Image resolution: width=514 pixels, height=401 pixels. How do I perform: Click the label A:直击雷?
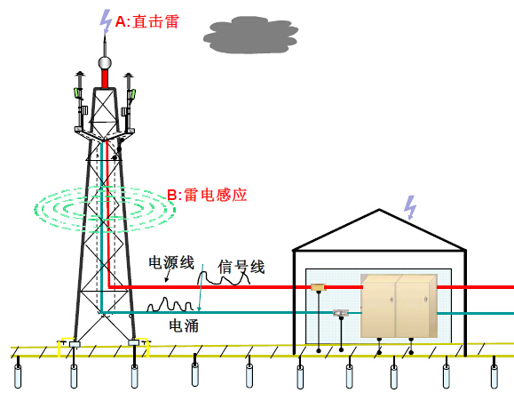pos(147,21)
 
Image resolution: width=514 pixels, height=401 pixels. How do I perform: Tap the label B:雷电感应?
pos(207,195)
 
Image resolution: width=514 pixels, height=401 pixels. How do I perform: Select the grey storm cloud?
pos(250,35)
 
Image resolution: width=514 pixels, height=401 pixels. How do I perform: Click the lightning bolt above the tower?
pos(106,21)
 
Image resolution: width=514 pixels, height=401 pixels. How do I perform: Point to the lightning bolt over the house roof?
pos(410,207)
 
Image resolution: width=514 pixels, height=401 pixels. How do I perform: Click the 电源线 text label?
pos(171,262)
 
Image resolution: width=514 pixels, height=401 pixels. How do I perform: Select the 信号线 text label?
pos(241,267)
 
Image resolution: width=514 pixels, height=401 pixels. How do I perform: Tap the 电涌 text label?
pos(184,325)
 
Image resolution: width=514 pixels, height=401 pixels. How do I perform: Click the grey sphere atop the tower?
pos(105,62)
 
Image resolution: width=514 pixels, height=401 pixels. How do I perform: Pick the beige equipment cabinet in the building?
pos(399,306)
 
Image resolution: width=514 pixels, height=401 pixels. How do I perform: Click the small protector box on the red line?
pos(317,287)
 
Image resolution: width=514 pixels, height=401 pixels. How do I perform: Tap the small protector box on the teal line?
pos(341,313)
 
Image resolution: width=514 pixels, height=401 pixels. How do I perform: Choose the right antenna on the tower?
pos(129,102)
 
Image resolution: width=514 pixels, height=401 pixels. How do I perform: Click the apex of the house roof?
pos(379,209)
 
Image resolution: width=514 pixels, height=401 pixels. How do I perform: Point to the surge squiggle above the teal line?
pos(170,305)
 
